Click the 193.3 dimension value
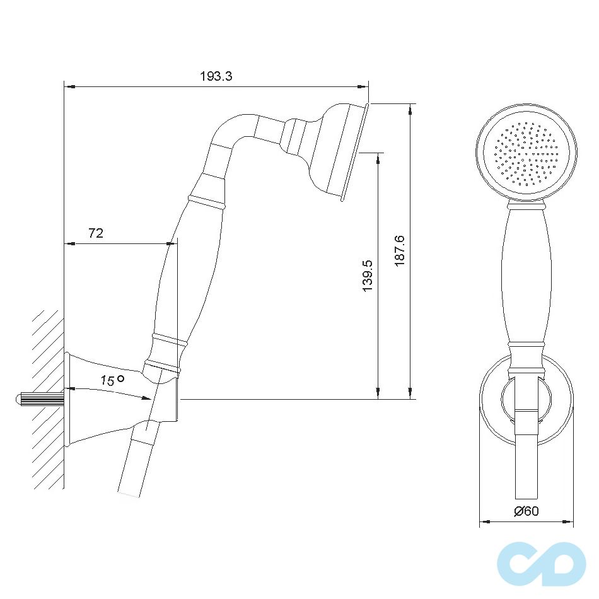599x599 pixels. [216, 76]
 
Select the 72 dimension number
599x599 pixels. [95, 233]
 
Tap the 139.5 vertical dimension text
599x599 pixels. [368, 276]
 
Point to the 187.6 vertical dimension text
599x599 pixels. [398, 250]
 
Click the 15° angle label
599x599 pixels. [111, 380]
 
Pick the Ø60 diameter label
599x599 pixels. [526, 511]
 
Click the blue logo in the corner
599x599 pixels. [541, 564]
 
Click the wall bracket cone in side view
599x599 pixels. [101, 397]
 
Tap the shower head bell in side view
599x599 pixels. [334, 151]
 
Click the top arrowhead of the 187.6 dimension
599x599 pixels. [410, 108]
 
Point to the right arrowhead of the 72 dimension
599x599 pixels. [172, 243]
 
